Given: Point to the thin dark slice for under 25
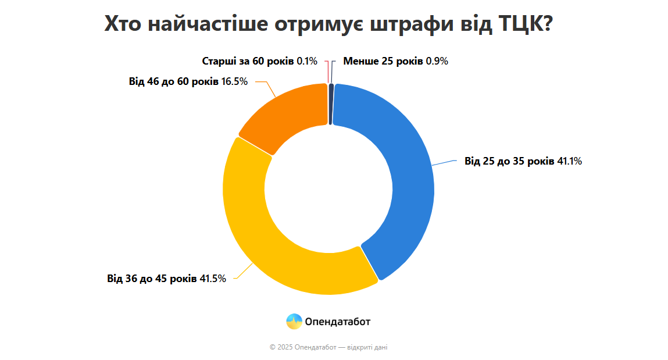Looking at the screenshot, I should pos(331,104).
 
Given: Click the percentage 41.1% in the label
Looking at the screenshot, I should pos(570,161).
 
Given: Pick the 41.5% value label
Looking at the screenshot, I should pos(213,279).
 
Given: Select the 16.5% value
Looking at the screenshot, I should pos(235,81).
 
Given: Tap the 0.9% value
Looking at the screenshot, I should pos(437,61).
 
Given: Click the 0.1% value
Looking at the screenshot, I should pos(307,61).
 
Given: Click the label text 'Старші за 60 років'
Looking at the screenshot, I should pos(248,61).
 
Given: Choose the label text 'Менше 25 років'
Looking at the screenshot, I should pos(383,61).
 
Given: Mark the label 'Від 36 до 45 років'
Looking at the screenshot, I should pos(152,279).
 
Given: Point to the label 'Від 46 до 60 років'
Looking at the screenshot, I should pos(174,81).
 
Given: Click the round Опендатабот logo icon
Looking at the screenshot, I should pos(294,321).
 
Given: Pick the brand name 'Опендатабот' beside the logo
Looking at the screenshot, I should pos(337,321).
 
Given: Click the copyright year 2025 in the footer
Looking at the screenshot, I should pos(285,347).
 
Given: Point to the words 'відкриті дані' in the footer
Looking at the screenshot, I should pos(367,347).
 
